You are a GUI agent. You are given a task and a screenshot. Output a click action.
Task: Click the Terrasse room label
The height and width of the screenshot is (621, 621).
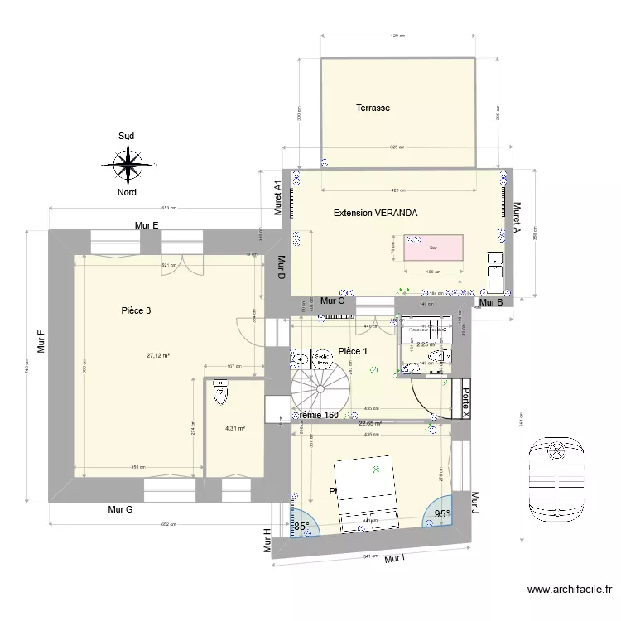(x=373, y=108)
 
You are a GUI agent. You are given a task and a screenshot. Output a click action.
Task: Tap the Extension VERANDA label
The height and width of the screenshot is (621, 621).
(x=375, y=213)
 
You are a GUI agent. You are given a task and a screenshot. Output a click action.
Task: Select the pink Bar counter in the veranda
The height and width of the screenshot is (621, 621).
(x=432, y=248)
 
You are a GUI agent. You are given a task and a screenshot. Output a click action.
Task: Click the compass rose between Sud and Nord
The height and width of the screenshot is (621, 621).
(x=128, y=164)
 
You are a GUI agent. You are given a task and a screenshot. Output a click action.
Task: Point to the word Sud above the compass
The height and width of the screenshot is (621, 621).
(x=127, y=137)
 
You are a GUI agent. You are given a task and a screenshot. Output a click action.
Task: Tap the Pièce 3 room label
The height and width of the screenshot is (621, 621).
(x=135, y=311)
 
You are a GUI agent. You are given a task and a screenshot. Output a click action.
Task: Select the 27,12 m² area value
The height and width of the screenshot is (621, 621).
(x=158, y=356)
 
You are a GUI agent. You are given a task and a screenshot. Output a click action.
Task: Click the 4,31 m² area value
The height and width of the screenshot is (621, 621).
(x=235, y=428)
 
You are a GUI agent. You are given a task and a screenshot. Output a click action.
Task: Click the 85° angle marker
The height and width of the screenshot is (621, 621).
(x=301, y=526)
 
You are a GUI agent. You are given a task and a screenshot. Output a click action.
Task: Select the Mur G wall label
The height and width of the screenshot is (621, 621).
(x=120, y=509)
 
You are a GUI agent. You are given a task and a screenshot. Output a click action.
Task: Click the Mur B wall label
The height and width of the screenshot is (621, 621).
(x=492, y=302)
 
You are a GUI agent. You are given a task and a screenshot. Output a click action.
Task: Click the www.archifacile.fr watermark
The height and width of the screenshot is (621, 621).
(x=570, y=590)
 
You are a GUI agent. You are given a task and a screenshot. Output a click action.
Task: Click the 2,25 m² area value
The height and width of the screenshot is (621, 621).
(x=426, y=344)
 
